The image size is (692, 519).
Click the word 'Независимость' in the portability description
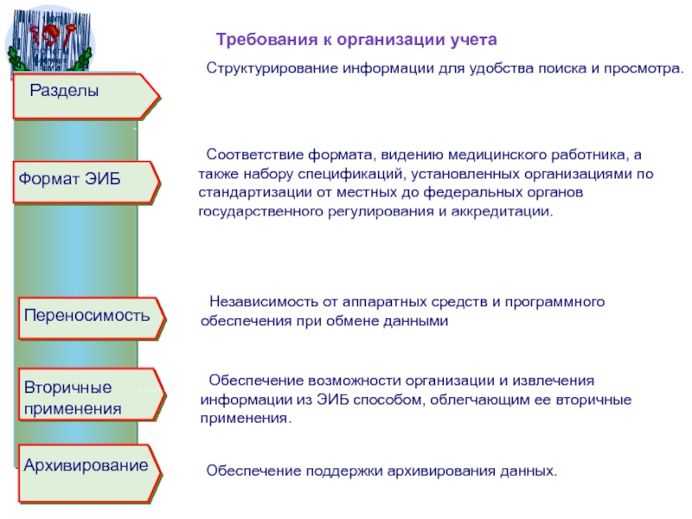click(257, 303)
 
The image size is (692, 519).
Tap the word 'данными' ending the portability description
click(420, 320)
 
